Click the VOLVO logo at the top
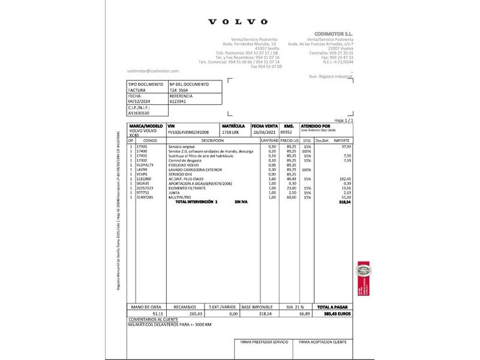[x=238, y=22]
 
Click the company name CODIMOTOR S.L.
[x=334, y=34]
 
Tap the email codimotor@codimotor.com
[x=153, y=71]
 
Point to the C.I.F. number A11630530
[x=139, y=112]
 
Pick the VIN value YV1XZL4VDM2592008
[x=188, y=131]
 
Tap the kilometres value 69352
[x=288, y=131]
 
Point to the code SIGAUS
[x=144, y=183]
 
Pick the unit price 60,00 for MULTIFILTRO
[x=291, y=197]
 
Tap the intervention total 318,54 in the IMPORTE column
[x=344, y=203]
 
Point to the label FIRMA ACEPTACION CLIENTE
[x=327, y=341]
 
